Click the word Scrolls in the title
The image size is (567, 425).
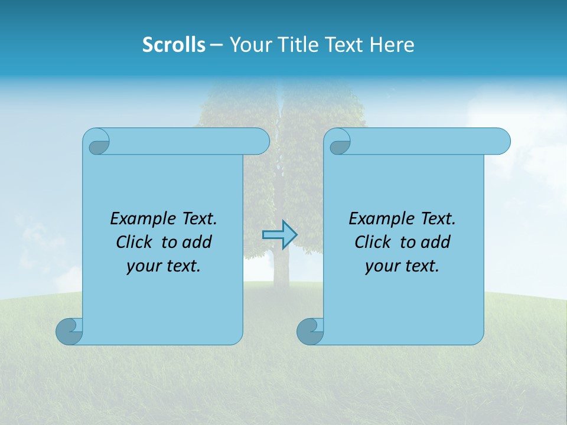point(174,45)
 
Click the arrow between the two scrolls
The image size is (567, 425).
point(279,235)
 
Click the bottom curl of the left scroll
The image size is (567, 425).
point(69,331)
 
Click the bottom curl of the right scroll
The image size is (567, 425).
point(310,331)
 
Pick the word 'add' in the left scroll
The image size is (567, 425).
point(197,242)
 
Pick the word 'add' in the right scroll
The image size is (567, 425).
point(435,242)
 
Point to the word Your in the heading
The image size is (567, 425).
point(249,45)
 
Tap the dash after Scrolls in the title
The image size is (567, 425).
point(216,45)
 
